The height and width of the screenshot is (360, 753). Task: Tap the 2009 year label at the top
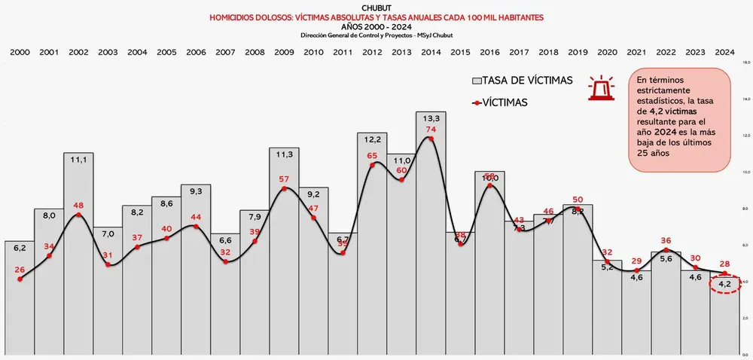(x=284, y=52)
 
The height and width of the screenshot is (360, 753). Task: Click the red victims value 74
(x=431, y=130)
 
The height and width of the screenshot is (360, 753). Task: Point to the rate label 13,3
(x=431, y=117)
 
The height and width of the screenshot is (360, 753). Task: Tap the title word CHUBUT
(x=376, y=8)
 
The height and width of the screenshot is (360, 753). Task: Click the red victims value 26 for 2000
(x=20, y=270)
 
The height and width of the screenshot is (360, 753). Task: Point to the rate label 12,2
(x=372, y=139)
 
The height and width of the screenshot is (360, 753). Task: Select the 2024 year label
(x=725, y=52)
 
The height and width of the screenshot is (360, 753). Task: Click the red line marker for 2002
(x=78, y=215)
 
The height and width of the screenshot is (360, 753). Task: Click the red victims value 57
(x=284, y=179)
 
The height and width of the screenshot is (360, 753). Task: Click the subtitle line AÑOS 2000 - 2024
(x=376, y=26)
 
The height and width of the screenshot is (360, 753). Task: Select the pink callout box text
(x=679, y=117)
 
